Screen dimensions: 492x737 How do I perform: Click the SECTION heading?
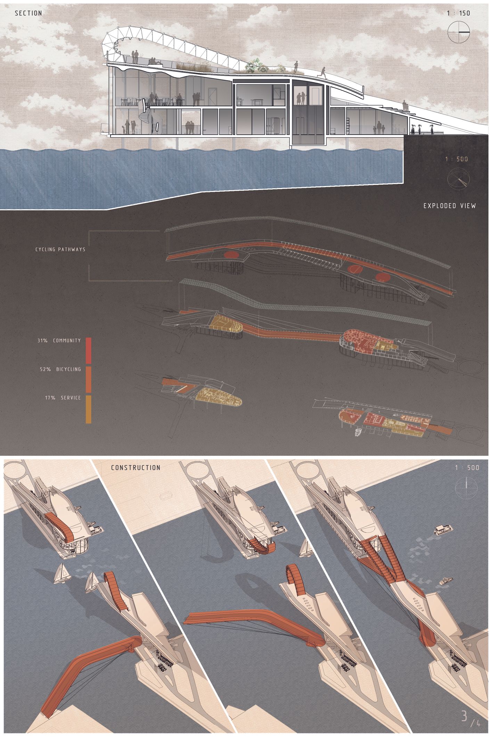click(x=28, y=13)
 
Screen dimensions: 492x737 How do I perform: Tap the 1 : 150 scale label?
click(x=459, y=13)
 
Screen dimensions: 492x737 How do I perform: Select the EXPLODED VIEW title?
click(x=450, y=206)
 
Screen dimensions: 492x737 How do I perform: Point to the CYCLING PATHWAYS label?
click(x=60, y=249)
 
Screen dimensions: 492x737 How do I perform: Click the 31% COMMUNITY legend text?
click(x=59, y=341)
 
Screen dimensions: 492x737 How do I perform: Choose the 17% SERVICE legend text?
click(x=63, y=398)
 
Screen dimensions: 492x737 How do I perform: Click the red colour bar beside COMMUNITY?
click(x=88, y=350)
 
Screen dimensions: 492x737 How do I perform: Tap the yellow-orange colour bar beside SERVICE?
click(x=88, y=409)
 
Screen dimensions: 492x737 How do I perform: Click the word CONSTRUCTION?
click(x=136, y=468)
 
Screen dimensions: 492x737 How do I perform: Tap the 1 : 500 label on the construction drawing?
click(x=467, y=468)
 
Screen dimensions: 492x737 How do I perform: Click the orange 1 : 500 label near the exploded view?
click(x=457, y=159)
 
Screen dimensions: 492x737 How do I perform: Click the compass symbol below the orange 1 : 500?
click(x=458, y=179)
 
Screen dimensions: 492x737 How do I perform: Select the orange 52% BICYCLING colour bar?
click(x=88, y=380)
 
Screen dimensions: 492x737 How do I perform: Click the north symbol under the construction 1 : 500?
click(x=467, y=485)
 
